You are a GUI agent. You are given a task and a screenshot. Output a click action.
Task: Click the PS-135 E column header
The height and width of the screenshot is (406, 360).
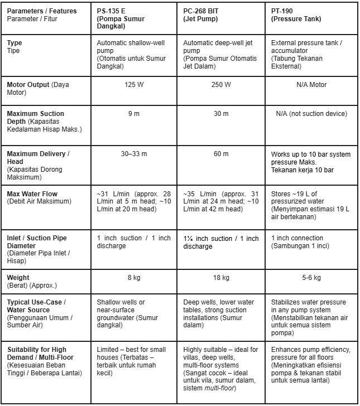coord(120,18)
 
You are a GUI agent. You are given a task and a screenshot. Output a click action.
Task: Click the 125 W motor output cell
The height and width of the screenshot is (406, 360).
coord(134,85)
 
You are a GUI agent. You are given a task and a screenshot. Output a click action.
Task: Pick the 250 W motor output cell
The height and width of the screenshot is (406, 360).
coord(220,85)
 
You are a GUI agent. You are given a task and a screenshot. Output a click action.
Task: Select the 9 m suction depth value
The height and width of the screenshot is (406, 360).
coord(134,114)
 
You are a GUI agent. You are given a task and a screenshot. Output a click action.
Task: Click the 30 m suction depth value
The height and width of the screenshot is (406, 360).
coord(220,114)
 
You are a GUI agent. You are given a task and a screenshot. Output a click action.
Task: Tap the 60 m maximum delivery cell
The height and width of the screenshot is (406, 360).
coord(220,154)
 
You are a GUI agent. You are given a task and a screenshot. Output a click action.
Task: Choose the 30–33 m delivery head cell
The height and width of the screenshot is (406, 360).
coord(134,154)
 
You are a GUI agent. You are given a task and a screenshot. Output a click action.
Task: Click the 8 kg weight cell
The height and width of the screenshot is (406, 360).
coord(134,278)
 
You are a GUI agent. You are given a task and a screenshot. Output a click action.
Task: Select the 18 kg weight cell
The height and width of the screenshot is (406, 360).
coord(220,278)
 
